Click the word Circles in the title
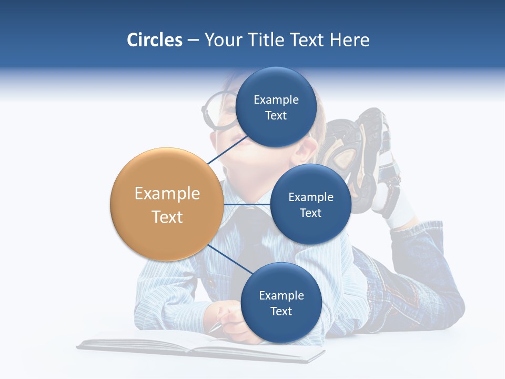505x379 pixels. [x=154, y=40]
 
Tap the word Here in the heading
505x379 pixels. [x=350, y=40]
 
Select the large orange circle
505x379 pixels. [x=167, y=205]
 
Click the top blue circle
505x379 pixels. [x=276, y=107]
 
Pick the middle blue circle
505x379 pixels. [x=310, y=204]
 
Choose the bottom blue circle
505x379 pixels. [x=281, y=303]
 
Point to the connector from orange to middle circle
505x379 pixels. [x=247, y=204]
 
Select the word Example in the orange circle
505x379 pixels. [x=167, y=194]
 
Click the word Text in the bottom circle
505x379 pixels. [x=281, y=311]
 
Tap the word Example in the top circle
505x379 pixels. [x=276, y=100]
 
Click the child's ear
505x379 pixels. [x=312, y=145]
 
